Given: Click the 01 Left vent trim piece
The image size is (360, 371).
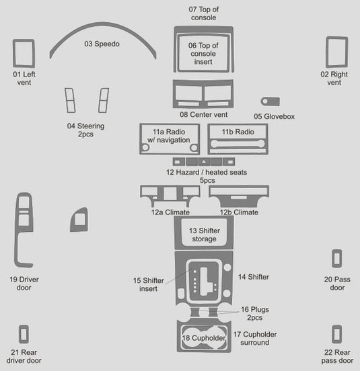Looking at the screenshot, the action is [x=14, y=54].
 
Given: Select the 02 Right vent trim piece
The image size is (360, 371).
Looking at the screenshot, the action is [x=328, y=52].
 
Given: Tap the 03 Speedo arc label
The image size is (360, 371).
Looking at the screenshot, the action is [x=102, y=44].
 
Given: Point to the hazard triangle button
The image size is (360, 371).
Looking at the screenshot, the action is [x=204, y=162].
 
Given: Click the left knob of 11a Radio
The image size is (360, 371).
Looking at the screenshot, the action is [x=145, y=148].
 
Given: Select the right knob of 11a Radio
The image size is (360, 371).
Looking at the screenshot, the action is [x=194, y=148].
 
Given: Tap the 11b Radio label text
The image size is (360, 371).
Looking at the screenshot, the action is [x=238, y=132].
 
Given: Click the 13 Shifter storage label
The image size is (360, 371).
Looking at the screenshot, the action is [x=204, y=235].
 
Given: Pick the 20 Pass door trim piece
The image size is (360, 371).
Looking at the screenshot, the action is [x=332, y=258].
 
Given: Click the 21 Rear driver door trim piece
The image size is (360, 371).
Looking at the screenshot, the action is [x=20, y=334].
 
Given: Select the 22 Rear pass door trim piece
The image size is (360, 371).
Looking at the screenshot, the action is [x=333, y=334].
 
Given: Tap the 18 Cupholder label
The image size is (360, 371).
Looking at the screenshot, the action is [x=204, y=338].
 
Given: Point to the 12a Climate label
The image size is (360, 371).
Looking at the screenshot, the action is [x=170, y=212].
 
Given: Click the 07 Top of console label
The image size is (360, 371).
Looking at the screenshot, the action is [x=204, y=13].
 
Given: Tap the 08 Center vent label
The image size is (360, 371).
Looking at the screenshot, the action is [x=204, y=115].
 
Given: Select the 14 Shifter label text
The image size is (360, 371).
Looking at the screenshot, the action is [x=254, y=277].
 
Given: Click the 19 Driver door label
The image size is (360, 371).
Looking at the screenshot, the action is [x=24, y=284].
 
